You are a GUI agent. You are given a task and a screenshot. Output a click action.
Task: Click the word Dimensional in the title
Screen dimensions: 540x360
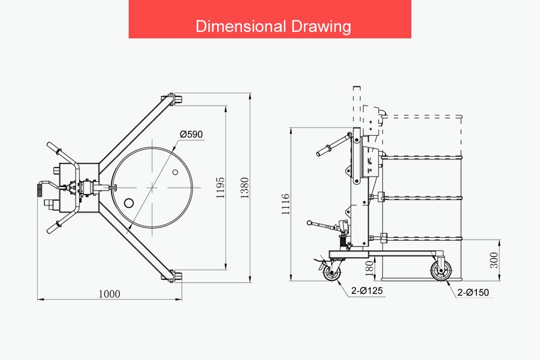(241, 26)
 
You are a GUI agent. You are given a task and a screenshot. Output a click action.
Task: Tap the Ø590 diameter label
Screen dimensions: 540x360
(191, 134)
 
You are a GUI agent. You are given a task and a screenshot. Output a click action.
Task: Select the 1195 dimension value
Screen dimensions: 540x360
(220, 188)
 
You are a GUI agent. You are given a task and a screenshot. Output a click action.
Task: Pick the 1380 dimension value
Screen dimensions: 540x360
(244, 188)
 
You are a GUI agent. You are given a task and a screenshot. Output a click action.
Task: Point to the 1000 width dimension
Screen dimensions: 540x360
(110, 294)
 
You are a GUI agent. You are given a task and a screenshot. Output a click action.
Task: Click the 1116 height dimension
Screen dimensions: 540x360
(286, 204)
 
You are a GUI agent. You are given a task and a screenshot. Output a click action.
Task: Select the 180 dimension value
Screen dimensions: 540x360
(369, 269)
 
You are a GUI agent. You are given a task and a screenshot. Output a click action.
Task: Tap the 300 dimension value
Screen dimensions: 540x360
(494, 260)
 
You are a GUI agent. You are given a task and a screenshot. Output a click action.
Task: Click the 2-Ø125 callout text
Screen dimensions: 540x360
(366, 291)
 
